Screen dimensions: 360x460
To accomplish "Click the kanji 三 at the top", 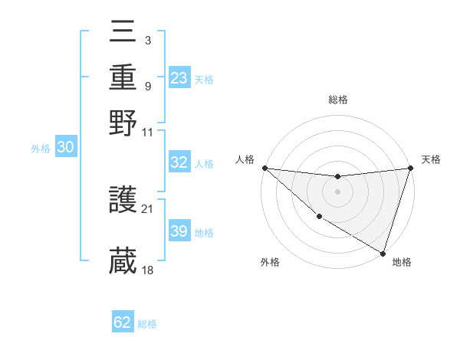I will coord(123,32).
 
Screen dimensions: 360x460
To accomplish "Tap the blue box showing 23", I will coord(179,77).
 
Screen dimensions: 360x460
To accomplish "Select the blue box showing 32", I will coord(179,163).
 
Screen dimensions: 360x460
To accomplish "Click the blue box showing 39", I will coord(179,231).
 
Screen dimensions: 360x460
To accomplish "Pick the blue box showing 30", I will coord(65,148).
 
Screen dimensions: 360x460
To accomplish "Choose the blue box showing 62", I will coord(123,322).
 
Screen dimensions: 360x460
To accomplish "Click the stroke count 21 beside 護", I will coord(148,208).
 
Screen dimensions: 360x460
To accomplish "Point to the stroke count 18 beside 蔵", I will coord(148,269).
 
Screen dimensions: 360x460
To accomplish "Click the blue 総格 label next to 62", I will coord(147,324).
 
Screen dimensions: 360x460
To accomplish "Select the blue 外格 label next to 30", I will coord(41,149).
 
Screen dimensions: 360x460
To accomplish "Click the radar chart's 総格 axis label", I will coord(337,100).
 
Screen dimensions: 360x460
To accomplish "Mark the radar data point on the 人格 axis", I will coord(264,168).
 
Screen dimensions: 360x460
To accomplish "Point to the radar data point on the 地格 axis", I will coord(383,253).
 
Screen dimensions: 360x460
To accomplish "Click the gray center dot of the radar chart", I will coord(337,191).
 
